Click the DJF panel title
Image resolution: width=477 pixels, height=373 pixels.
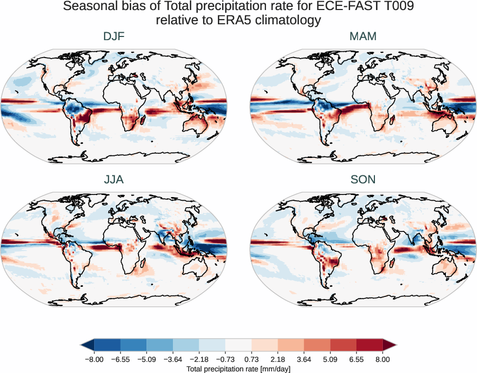(x=114, y=36)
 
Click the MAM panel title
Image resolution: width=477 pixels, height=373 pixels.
(x=363, y=36)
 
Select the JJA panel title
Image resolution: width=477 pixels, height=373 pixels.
(x=114, y=180)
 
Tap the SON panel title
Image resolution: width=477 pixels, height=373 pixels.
(x=363, y=180)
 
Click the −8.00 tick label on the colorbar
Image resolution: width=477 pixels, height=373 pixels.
(x=94, y=359)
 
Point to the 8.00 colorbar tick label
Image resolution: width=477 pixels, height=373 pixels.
(x=383, y=359)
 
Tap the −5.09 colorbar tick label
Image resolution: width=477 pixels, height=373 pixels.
(x=146, y=359)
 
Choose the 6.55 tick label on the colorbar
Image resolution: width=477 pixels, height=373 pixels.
(x=356, y=359)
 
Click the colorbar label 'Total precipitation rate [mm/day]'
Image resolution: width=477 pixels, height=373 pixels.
(x=238, y=368)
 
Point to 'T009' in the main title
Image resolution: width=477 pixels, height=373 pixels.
(x=393, y=7)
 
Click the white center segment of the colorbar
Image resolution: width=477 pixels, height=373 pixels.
(x=238, y=345)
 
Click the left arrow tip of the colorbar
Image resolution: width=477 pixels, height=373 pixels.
(x=82, y=345)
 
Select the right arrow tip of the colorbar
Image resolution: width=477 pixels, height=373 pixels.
(x=395, y=345)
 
